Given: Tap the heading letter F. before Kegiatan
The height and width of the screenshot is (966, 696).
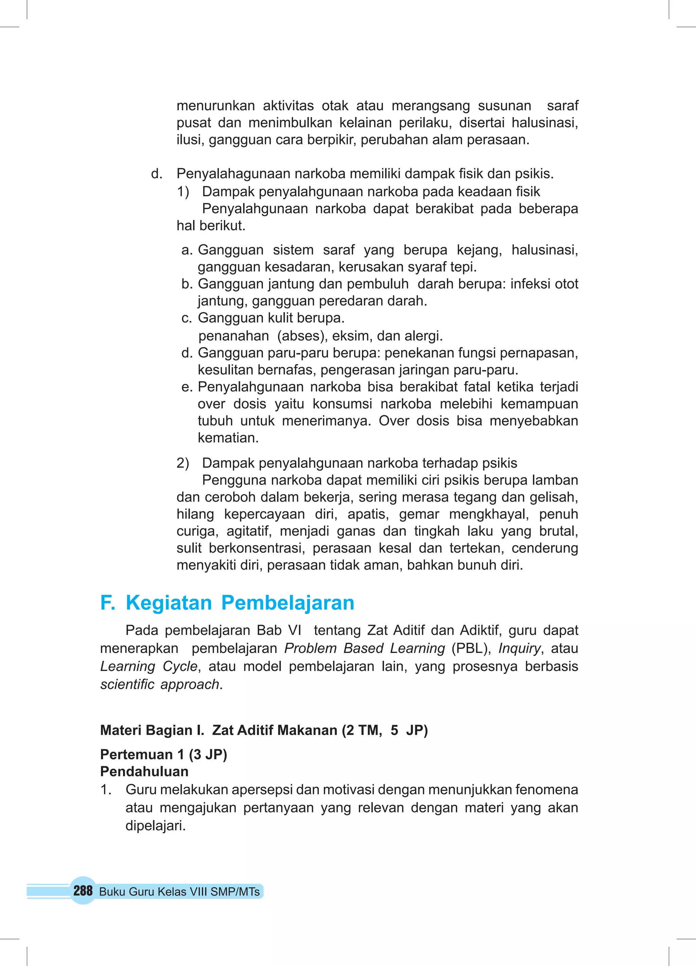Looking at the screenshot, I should pyautogui.click(x=107, y=603).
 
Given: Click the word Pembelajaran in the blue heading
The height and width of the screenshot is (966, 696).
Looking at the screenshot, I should pyautogui.click(x=288, y=603).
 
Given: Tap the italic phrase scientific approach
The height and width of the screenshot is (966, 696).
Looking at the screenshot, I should pyautogui.click(x=160, y=684).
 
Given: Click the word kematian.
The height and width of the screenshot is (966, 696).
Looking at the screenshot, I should pyautogui.click(x=228, y=437).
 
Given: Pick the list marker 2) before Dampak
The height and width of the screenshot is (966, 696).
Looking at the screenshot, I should pyautogui.click(x=183, y=463).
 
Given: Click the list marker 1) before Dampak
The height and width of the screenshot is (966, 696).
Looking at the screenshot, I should pyautogui.click(x=183, y=192).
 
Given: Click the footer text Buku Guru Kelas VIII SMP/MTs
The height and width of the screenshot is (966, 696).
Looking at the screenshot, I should pyautogui.click(x=179, y=892).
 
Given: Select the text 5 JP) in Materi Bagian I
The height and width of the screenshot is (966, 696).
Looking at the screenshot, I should pyautogui.click(x=409, y=730).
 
